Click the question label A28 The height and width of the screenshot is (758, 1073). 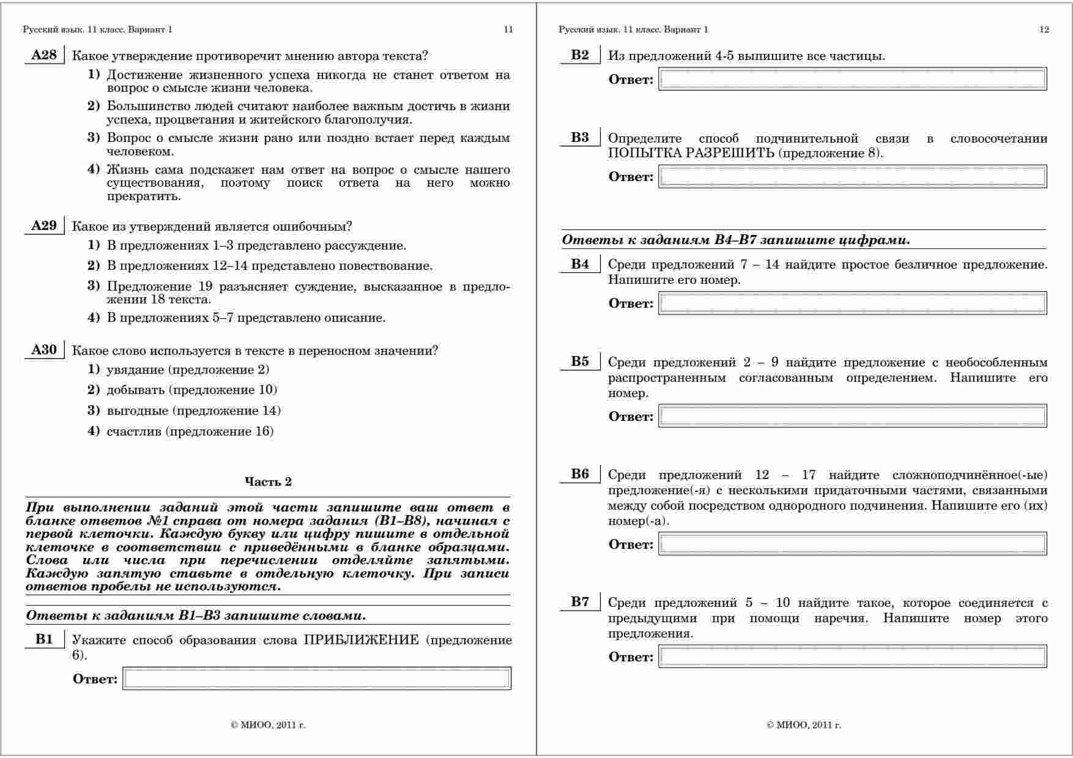click(43, 56)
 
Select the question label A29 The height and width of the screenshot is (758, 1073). click(43, 226)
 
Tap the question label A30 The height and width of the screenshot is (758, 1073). click(43, 350)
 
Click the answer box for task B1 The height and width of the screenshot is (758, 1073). click(316, 678)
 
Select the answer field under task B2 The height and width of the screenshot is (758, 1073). click(852, 80)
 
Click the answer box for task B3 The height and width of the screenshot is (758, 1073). click(852, 177)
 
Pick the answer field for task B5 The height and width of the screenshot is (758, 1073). click(852, 417)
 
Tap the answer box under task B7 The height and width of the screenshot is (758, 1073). click(852, 657)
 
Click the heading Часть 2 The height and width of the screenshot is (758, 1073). click(268, 482)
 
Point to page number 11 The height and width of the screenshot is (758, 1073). click(508, 29)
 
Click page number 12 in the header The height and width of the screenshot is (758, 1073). click(1044, 29)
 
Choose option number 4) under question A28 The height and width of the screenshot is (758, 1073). click(93, 169)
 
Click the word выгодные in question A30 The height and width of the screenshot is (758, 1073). click(137, 411)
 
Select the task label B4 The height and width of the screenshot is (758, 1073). click(580, 264)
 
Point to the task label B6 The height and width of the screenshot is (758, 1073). click(580, 474)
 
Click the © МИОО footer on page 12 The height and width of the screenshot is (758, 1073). click(803, 725)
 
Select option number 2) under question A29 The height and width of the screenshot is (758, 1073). click(93, 266)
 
